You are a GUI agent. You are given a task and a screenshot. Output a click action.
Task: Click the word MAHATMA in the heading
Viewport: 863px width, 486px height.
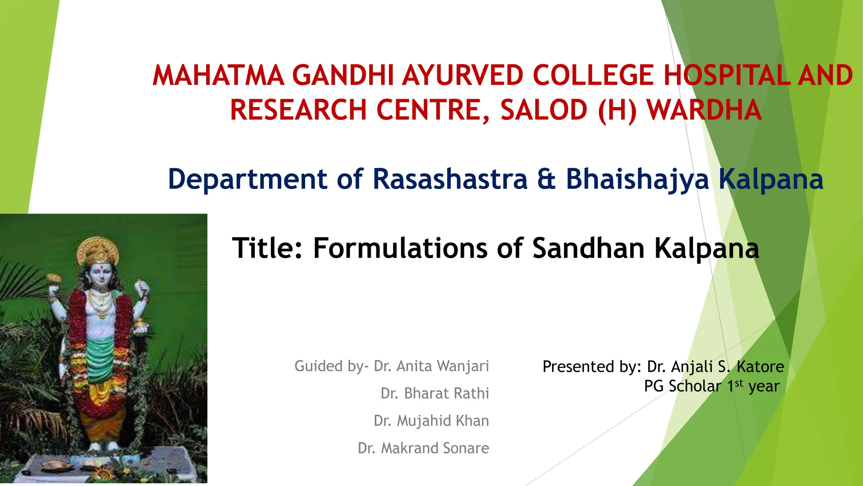218,76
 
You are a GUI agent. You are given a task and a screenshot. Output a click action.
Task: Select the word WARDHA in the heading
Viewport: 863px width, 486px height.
704,110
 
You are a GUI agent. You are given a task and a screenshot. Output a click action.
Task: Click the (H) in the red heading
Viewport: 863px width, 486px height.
617,110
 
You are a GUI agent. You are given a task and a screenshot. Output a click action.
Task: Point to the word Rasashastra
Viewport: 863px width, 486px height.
450,179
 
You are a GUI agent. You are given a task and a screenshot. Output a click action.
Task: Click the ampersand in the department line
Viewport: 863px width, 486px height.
547,179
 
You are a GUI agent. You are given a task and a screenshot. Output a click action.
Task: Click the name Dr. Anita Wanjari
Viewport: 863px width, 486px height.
431,366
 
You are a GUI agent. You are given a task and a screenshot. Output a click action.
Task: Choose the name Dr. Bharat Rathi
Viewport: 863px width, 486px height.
434,393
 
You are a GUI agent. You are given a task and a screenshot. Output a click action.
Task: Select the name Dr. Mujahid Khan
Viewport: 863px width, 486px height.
431,421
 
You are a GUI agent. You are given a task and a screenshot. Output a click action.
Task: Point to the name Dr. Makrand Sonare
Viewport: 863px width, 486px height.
423,448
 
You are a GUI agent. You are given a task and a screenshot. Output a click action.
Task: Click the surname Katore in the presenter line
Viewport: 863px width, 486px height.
760,367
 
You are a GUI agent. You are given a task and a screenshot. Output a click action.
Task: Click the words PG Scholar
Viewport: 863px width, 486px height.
682,386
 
